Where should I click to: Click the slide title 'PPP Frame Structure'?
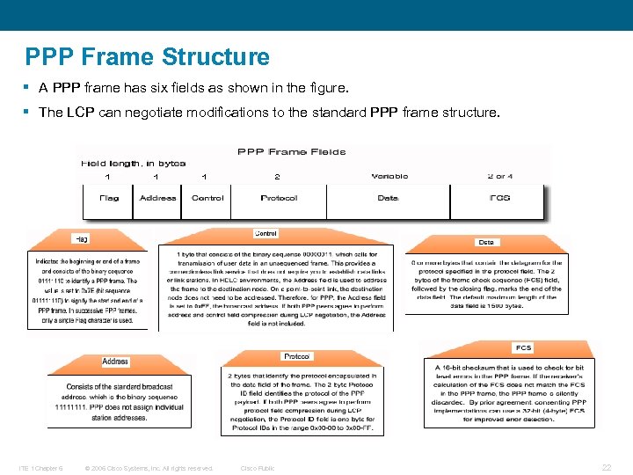[148, 58]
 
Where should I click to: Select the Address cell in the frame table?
[157, 198]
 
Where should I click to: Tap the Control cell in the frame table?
[207, 198]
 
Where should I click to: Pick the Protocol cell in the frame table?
[279, 198]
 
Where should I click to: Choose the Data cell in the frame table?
[388, 198]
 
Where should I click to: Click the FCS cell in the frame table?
[498, 198]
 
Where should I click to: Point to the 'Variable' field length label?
[389, 176]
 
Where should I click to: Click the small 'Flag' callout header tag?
[81, 238]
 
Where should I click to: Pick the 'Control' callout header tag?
[266, 233]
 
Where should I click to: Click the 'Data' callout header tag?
[485, 242]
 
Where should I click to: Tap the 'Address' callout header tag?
[115, 362]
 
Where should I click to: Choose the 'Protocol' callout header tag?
[295, 356]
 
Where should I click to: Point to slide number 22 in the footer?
[606, 467]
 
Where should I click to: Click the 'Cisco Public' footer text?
[258, 468]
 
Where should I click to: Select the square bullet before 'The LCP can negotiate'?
[29, 113]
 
